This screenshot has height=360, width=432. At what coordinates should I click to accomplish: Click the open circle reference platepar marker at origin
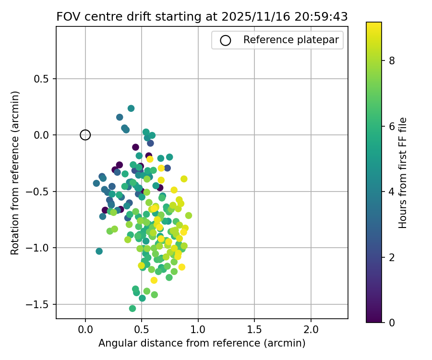click(85, 135)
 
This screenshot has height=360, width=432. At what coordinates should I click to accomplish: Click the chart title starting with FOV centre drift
click(202, 16)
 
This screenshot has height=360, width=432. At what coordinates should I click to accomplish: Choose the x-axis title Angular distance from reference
click(202, 343)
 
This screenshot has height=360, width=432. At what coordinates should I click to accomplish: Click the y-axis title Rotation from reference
click(15, 173)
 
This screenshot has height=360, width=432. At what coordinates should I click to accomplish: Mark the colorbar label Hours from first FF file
click(403, 173)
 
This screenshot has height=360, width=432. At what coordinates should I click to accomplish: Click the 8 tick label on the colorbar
click(392, 61)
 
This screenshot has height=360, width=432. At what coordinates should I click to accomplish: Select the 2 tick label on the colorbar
click(392, 257)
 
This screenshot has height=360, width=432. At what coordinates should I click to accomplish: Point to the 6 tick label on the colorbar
click(392, 126)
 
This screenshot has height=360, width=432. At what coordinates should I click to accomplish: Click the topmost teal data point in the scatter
click(131, 108)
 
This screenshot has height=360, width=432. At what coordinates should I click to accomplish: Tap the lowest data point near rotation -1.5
click(132, 308)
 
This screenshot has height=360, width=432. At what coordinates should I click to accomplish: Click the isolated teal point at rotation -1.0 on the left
click(99, 251)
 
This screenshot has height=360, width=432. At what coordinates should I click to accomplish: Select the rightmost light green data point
click(189, 216)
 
